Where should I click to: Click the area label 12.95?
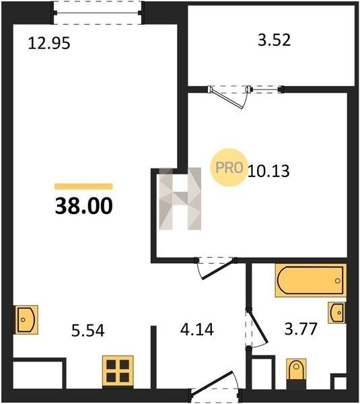[49, 43]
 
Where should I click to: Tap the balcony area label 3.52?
[275, 40]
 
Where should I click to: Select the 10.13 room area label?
[268, 170]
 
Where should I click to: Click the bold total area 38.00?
[83, 205]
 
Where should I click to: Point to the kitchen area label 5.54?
[88, 331]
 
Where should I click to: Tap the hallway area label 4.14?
[197, 329]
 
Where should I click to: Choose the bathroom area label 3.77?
[301, 329]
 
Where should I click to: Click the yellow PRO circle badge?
[229, 168]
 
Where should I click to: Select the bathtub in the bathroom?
[311, 280]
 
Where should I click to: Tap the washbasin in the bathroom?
[336, 313]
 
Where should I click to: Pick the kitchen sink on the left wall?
[26, 319]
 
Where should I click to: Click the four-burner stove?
[118, 371]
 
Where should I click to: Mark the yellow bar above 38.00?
[83, 186]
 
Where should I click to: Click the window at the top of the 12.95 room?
[98, 13]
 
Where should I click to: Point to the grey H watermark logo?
[180, 199]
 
